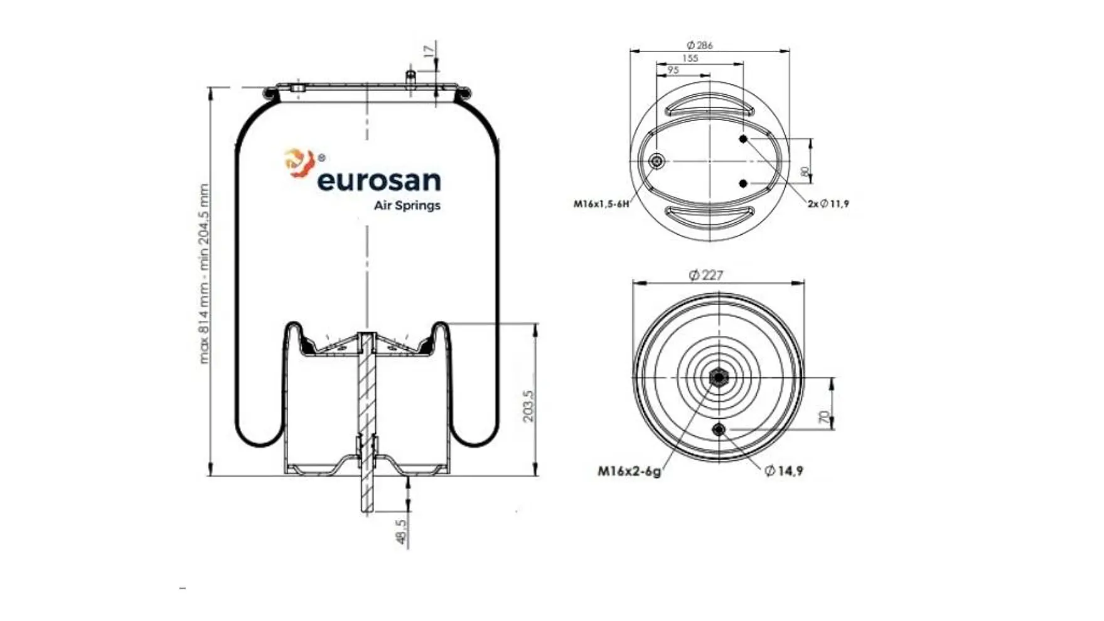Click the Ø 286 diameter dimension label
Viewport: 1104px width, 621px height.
[700, 45]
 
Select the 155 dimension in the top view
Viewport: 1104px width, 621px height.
[689, 58]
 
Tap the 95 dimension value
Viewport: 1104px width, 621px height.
[673, 70]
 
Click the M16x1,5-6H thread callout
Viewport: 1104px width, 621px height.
[601, 204]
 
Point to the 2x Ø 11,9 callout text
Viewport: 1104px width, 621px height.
[828, 204]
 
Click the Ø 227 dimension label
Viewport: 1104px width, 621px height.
[706, 275]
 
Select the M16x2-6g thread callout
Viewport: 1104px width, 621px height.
[629, 471]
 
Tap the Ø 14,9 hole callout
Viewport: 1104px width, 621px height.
[784, 471]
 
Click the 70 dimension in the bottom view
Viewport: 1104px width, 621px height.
[825, 416]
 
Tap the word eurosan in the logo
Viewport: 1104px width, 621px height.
[379, 181]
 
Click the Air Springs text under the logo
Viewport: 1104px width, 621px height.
[407, 205]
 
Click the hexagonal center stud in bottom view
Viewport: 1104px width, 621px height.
[718, 377]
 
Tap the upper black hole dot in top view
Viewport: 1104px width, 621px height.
[743, 139]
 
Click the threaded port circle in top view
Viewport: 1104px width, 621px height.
[657, 161]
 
